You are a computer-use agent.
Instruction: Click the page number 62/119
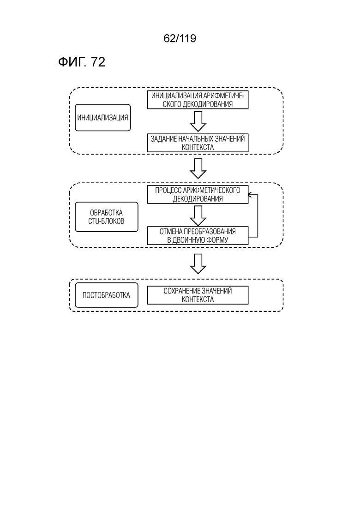(x=180, y=38)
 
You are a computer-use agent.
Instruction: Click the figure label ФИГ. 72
(x=82, y=62)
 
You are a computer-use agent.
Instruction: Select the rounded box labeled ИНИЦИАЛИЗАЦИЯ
(x=103, y=118)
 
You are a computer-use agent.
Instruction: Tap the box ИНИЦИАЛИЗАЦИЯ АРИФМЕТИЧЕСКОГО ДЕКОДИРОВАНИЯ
(x=198, y=100)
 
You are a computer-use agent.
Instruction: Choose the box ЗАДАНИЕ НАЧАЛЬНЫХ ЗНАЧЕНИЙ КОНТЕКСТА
(x=198, y=143)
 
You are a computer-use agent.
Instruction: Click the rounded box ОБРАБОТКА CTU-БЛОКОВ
(x=107, y=217)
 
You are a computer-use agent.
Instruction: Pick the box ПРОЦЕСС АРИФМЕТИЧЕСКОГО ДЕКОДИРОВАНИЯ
(x=198, y=194)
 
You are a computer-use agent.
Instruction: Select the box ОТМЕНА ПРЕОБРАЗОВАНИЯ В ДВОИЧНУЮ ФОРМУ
(x=198, y=236)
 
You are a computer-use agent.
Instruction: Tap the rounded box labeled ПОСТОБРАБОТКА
(x=107, y=295)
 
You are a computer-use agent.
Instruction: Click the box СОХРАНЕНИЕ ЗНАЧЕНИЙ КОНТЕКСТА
(x=198, y=295)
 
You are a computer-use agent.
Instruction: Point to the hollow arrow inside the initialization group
(x=198, y=121)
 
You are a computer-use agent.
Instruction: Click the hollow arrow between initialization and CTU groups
(x=198, y=168)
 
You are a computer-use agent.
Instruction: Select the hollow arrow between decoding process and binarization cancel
(x=198, y=216)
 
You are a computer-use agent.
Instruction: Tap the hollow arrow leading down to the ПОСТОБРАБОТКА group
(x=198, y=263)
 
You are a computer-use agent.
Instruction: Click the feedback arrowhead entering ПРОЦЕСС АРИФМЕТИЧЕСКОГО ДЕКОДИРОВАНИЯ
(x=250, y=195)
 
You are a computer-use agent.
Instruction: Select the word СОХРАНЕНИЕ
(x=180, y=291)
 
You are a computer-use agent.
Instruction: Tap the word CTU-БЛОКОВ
(x=107, y=222)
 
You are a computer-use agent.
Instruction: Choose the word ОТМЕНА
(x=171, y=232)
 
